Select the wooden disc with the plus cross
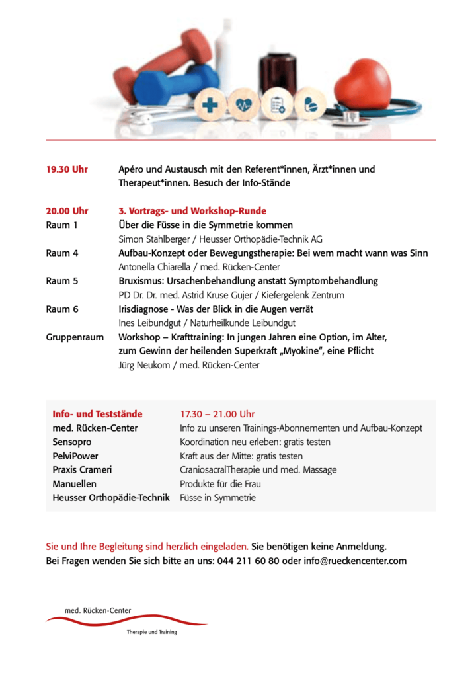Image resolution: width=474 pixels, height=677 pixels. click(210, 104)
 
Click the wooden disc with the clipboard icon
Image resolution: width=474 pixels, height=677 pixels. click(276, 104)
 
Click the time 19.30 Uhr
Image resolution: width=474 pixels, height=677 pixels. click(67, 169)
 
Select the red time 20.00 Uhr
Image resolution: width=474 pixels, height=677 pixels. click(67, 211)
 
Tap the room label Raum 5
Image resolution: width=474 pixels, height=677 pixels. click(62, 281)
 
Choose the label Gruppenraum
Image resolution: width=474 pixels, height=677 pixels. click(75, 337)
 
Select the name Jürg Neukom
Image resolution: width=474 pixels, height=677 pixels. click(143, 365)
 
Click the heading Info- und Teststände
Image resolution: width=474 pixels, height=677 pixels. click(97, 414)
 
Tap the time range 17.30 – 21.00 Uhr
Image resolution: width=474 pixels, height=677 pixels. click(217, 414)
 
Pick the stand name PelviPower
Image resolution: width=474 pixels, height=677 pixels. click(76, 456)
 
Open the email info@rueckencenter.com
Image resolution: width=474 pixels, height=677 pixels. click(355, 561)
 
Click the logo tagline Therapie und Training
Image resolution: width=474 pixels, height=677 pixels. click(152, 632)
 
